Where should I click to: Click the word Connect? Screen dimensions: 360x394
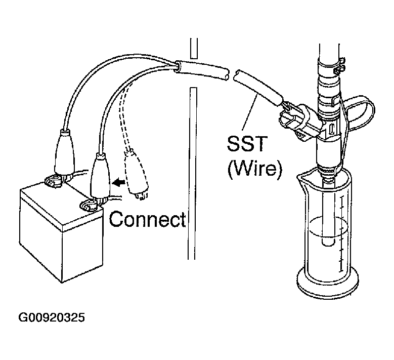(x=147, y=219)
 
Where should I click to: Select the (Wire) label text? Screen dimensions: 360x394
(x=254, y=169)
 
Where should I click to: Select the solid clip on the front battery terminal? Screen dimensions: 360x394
(x=100, y=177)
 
